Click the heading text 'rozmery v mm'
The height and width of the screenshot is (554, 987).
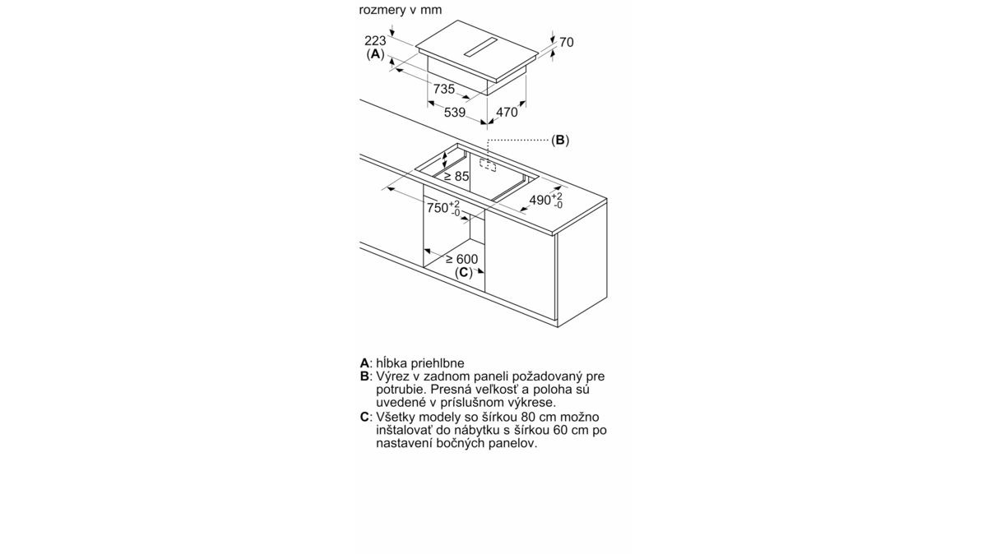click(400, 10)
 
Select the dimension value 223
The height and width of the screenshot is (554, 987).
click(375, 40)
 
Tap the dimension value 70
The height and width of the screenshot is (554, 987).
click(567, 42)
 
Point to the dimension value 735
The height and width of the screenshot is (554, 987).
click(443, 89)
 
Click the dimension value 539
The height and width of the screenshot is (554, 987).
click(454, 113)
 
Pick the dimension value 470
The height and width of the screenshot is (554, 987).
click(507, 113)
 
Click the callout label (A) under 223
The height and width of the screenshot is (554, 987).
click(375, 54)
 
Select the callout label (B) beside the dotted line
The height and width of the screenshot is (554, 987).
click(560, 140)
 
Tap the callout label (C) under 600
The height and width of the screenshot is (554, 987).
click(464, 273)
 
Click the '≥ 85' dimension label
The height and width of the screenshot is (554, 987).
click(456, 177)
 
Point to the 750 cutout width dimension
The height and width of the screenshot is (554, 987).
click(443, 208)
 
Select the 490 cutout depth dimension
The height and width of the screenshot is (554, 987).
click(546, 201)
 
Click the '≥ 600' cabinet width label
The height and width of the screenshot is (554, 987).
click(461, 259)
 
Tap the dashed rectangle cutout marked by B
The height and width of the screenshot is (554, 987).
click(488, 165)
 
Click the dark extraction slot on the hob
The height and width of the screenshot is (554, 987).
click(481, 47)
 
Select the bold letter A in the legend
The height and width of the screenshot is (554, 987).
click(364, 362)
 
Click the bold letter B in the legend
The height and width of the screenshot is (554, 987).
click(364, 376)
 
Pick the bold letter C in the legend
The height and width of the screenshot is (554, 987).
click(364, 417)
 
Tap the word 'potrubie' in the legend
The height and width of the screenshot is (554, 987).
click(401, 390)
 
